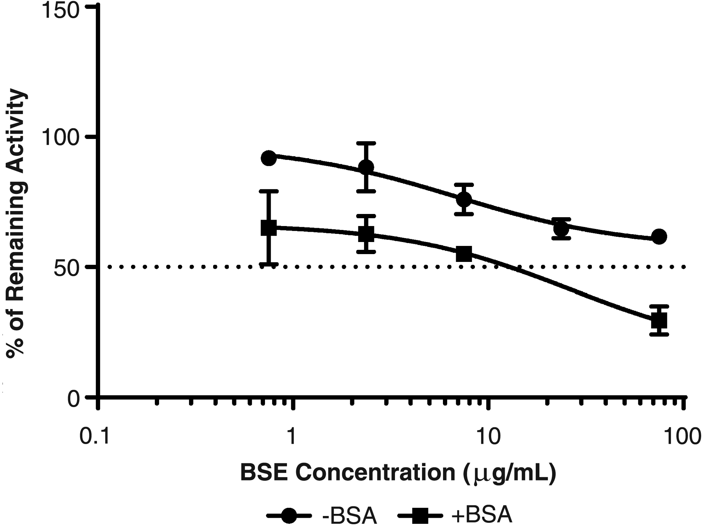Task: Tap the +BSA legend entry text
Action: [x=482, y=515]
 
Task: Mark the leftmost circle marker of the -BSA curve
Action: [x=269, y=158]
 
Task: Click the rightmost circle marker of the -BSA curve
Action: [x=659, y=236]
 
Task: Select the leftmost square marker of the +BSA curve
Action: [x=269, y=228]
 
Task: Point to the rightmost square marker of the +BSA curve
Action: [x=659, y=321]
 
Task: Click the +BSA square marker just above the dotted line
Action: [x=464, y=253]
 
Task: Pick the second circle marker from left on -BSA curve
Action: [x=366, y=167]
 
